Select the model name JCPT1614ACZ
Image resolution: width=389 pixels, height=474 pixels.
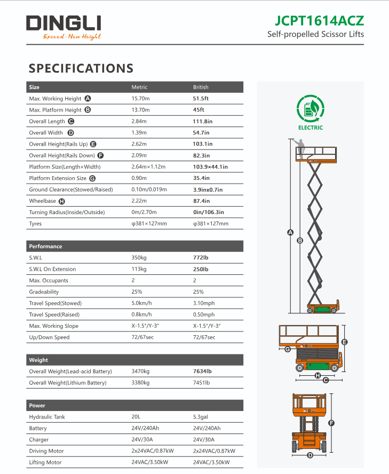[x=319, y=20]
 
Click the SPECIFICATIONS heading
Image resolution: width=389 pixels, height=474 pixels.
[x=81, y=68]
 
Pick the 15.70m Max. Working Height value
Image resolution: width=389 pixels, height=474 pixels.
[x=141, y=98]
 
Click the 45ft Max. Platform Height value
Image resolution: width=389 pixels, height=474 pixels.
[x=199, y=110]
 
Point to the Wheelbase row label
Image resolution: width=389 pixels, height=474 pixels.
[x=42, y=201]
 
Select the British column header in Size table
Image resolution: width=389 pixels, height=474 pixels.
[x=201, y=87]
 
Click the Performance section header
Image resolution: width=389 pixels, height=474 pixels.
[x=45, y=247]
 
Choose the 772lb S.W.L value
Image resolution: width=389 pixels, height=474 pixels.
[x=200, y=258]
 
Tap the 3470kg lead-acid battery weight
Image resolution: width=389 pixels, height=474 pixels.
[x=140, y=371]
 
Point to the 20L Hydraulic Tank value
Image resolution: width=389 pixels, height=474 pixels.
[x=136, y=417]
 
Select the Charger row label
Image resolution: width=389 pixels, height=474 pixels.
[x=38, y=440]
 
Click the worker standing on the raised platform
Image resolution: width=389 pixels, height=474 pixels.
[x=301, y=147]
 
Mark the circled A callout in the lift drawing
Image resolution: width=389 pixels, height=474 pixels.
[x=290, y=232]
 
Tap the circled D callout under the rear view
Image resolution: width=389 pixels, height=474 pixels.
[x=310, y=455]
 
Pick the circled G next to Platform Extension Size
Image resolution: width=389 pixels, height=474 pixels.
[x=92, y=178]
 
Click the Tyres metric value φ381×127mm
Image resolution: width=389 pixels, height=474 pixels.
[x=149, y=224]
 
